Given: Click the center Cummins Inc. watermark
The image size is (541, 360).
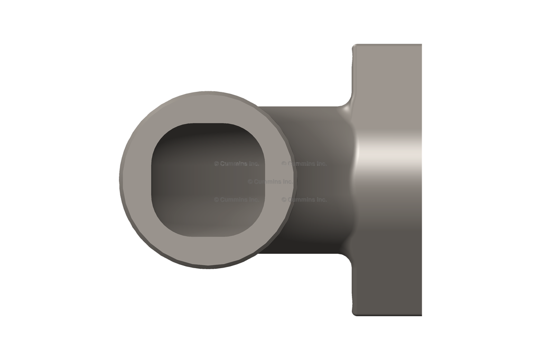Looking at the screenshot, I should tap(270, 182).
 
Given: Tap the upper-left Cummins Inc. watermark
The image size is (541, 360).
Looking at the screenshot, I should tap(236, 164).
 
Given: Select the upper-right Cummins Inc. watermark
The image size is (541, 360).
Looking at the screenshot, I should tap(304, 164).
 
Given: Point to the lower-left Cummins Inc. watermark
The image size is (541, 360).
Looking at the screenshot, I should tap(236, 200).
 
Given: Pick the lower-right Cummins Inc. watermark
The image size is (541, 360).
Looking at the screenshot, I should tap(304, 200).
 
